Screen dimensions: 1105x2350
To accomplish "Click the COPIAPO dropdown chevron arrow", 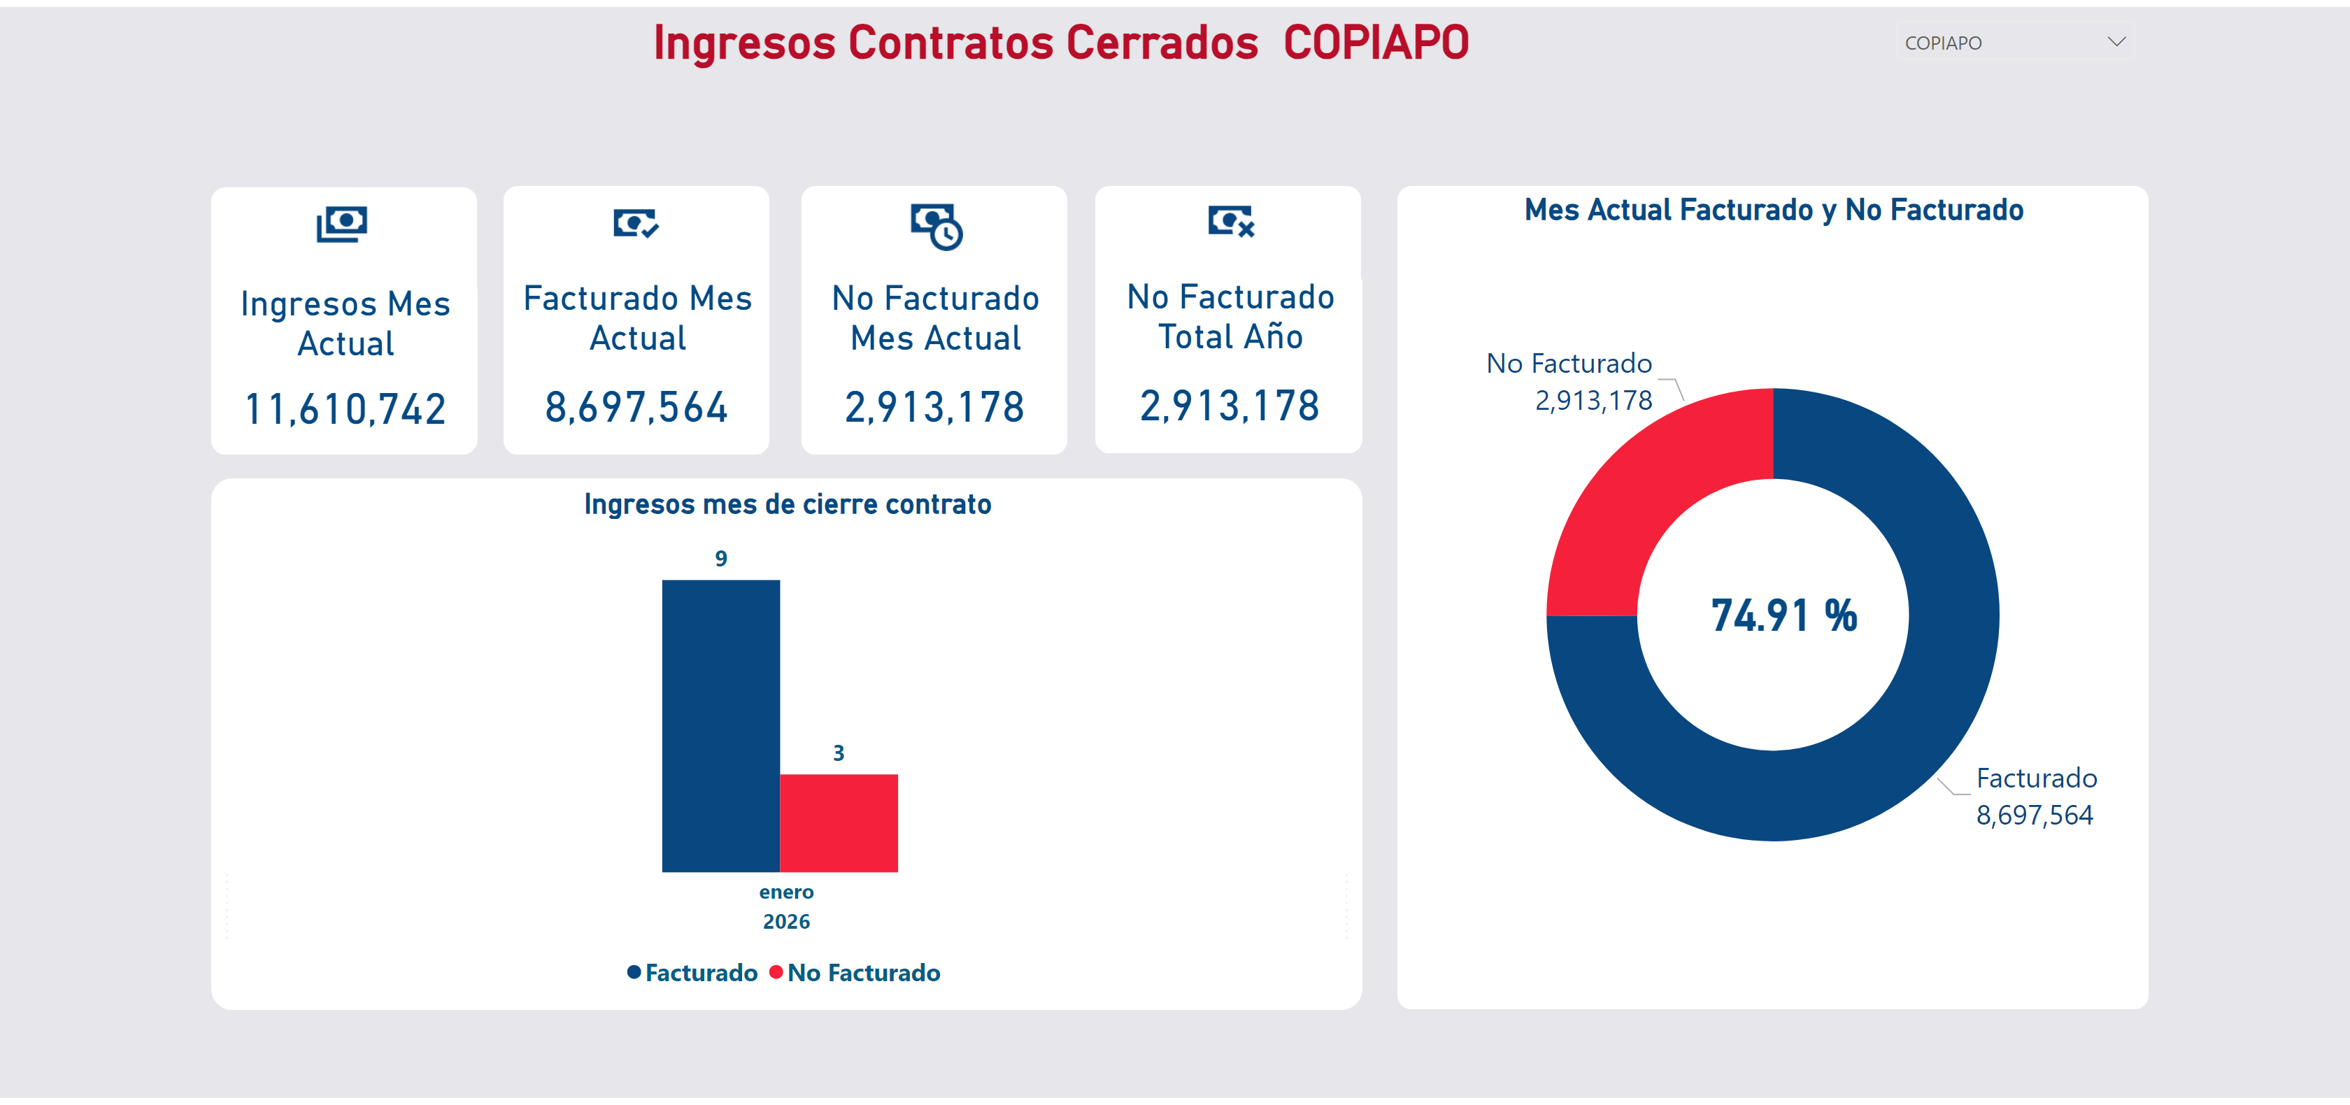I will pos(2116,42).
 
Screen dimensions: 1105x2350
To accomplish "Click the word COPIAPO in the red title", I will pos(1376,43).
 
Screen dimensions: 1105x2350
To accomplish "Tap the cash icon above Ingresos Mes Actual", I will pos(342,224).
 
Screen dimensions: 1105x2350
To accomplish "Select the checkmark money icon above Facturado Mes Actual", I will pos(636,222).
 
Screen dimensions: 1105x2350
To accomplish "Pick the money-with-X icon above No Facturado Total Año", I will pos(1231,221).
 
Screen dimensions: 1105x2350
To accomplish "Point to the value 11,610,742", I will pos(345,409).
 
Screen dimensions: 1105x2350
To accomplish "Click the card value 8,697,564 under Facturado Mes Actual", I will pos(636,407).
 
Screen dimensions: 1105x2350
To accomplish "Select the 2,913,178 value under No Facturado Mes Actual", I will pos(934,407).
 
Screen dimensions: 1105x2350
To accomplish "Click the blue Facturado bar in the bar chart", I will pos(720,725).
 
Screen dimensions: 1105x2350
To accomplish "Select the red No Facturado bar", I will pos(839,823).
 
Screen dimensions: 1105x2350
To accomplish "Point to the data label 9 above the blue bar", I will pos(720,558).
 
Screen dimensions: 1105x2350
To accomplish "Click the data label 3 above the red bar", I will pos(839,753).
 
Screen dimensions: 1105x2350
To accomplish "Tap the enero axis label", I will pos(786,892).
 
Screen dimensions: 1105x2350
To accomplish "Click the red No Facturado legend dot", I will pos(776,972).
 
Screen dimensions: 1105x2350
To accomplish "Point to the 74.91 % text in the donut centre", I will pos(1783,616).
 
